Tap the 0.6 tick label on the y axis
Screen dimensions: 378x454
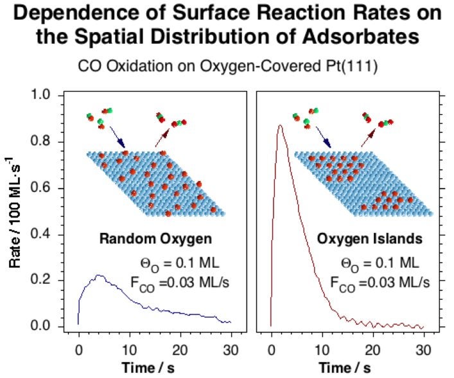pyautogui.click(x=49, y=188)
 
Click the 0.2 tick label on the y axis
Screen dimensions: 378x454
pyautogui.click(x=49, y=280)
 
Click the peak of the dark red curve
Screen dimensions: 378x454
pyautogui.click(x=280, y=125)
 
